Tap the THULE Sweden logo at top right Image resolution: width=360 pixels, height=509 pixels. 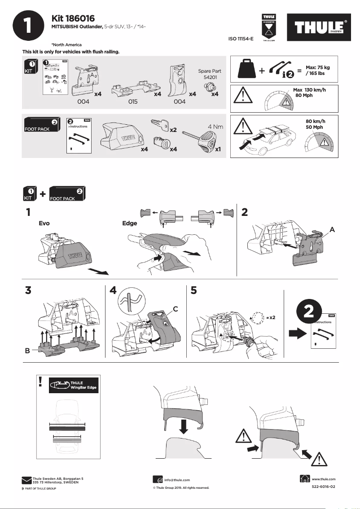pos(319,28)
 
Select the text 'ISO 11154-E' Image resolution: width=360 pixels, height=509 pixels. pos(241,39)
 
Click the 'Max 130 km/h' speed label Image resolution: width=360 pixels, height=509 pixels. pos(309,90)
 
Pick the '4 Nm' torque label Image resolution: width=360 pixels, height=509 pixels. pos(215,127)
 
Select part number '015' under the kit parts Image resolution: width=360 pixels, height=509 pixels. pos(132,102)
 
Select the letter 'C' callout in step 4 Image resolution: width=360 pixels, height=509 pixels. pos(176,308)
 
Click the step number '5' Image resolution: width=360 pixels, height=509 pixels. pos(193,290)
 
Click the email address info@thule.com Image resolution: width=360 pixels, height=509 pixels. pos(177,480)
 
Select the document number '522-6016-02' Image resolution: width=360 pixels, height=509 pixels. pos(323,487)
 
